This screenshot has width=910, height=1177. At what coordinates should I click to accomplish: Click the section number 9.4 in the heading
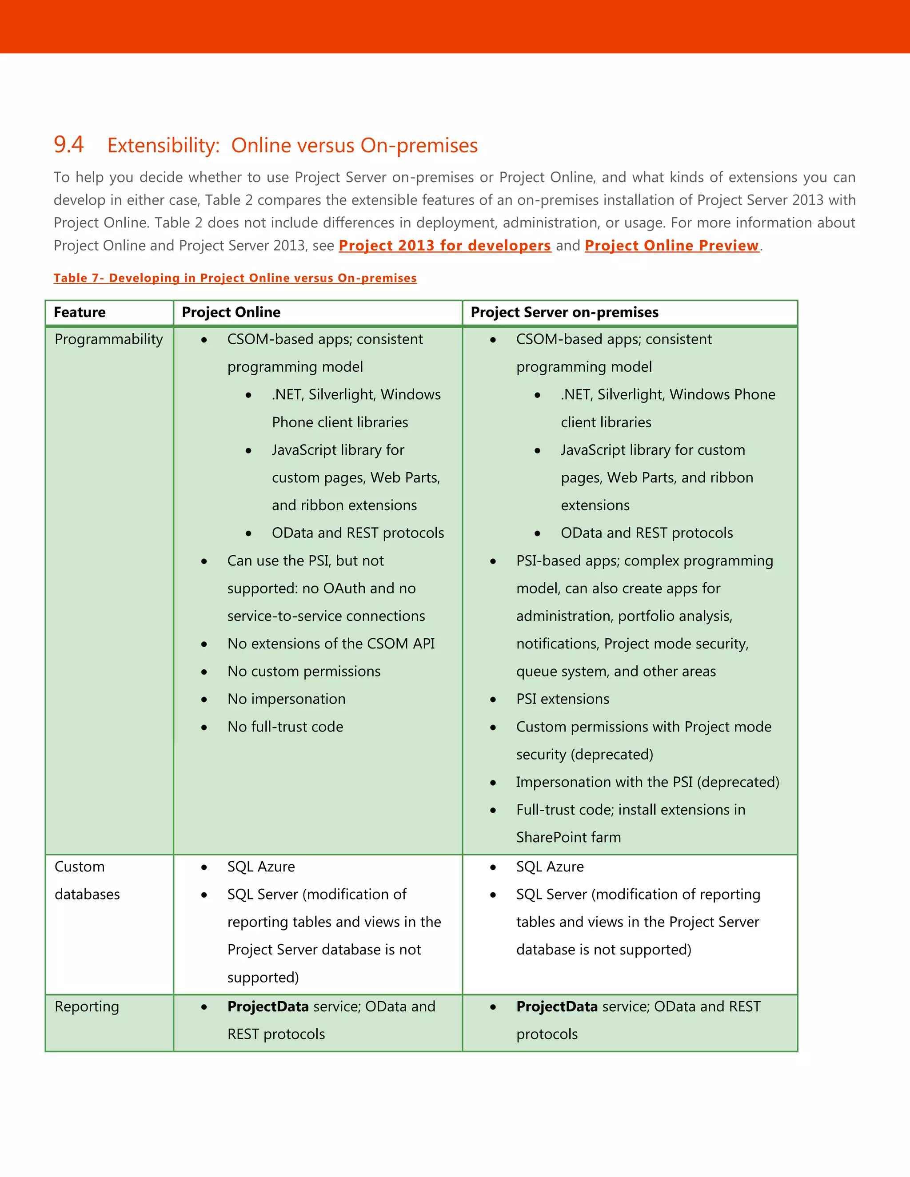[68, 144]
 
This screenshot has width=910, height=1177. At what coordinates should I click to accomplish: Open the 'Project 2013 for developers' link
[444, 245]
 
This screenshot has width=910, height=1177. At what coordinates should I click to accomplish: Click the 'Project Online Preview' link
[671, 245]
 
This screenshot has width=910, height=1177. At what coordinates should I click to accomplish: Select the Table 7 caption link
[235, 278]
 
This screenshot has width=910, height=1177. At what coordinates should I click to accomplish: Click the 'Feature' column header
[80, 312]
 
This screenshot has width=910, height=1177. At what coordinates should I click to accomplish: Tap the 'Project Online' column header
[231, 312]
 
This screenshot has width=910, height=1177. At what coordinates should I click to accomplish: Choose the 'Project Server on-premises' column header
[564, 312]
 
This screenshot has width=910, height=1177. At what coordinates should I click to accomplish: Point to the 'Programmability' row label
[108, 339]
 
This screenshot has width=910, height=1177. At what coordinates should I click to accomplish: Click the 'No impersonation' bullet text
[286, 699]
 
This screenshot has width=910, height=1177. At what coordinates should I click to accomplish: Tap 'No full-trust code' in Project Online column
[285, 727]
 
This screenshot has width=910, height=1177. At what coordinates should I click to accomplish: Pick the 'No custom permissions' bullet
[303, 672]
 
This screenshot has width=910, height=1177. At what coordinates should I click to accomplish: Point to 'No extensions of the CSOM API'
[331, 644]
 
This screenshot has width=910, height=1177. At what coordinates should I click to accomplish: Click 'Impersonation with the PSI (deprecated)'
[647, 782]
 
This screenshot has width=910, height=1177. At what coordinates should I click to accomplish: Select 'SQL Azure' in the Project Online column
[261, 867]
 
